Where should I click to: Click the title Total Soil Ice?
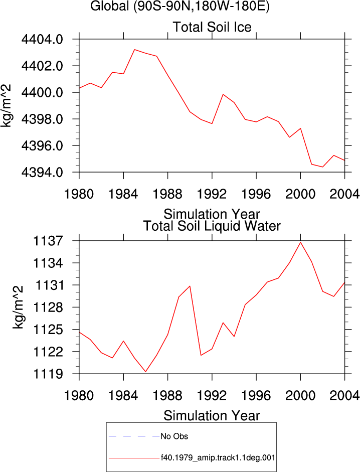(x=212, y=27)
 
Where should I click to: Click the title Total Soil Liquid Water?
(x=212, y=226)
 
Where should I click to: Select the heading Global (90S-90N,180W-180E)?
(x=180, y=6)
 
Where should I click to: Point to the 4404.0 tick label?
(x=42, y=39)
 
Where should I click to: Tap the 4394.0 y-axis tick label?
(x=42, y=172)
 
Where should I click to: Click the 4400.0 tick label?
(x=42, y=92)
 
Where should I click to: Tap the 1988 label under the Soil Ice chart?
(x=167, y=194)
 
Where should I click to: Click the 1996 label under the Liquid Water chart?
(x=256, y=396)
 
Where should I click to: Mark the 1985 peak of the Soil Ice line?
(x=134, y=49)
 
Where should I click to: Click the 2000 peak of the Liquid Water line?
(x=300, y=242)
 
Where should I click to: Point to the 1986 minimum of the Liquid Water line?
(x=146, y=372)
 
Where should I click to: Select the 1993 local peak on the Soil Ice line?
(x=223, y=94)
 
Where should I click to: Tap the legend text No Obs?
(x=174, y=436)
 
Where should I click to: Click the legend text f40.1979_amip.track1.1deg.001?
(x=218, y=458)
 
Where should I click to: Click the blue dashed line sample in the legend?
(x=134, y=436)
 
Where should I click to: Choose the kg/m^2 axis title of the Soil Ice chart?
(x=6, y=106)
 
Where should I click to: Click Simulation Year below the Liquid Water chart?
(x=212, y=416)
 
